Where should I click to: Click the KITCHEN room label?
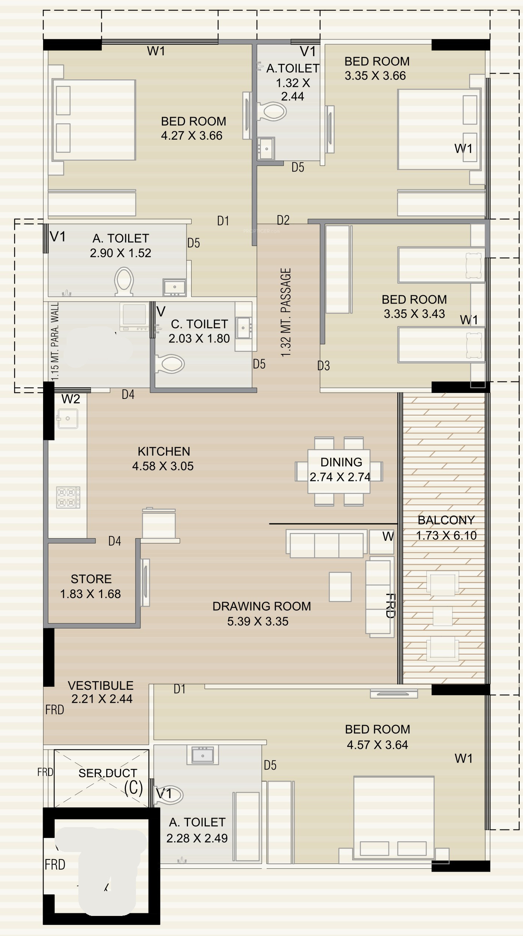coord(164,451)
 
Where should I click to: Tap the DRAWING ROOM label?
coord(261,606)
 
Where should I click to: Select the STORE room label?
coord(91,579)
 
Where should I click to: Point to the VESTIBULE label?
coord(101,686)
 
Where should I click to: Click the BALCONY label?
coord(446,520)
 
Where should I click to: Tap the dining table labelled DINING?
coord(339,471)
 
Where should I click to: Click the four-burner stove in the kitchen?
coord(68,497)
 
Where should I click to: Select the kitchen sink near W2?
coord(67,419)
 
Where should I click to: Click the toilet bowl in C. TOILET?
coord(170,364)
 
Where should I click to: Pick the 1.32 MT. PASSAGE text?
coord(286,312)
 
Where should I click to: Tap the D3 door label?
coord(324,366)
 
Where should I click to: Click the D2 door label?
coord(283,220)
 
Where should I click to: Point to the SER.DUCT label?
coord(108,773)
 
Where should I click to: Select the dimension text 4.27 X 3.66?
coord(192,136)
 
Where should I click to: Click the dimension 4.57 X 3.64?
coord(377,745)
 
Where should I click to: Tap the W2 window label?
coord(71,399)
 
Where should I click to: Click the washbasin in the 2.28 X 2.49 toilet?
coord(202,755)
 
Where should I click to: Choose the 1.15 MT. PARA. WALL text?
coord(55,341)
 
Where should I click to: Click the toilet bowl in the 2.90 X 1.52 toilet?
coord(124,282)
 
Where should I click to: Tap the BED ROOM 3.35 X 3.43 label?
coord(414,306)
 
